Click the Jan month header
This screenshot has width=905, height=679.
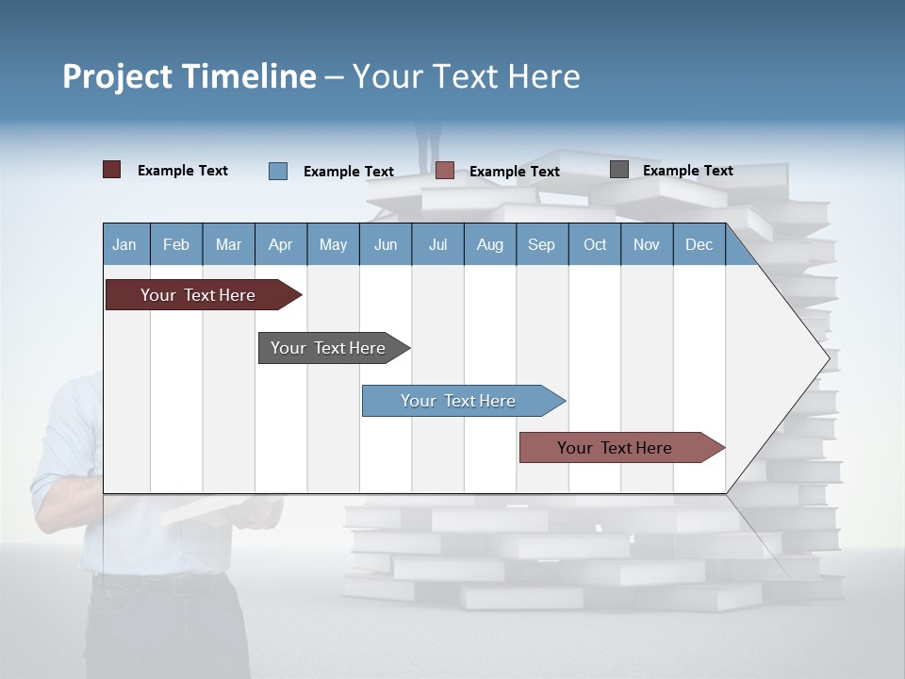point(124,244)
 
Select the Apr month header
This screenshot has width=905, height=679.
point(280,244)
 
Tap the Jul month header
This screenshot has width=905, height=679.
point(437,244)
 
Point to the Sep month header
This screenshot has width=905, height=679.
point(541,244)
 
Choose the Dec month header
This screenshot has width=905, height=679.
point(699,244)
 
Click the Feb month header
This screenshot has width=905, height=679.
point(176,244)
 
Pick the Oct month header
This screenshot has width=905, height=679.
point(595,244)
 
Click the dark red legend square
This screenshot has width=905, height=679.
point(111,170)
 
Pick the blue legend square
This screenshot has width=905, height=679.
point(278,171)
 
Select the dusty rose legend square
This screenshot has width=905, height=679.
point(445,171)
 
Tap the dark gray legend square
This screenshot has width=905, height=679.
point(619,170)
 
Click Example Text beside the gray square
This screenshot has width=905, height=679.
point(687,171)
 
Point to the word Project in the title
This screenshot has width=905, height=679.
point(116,76)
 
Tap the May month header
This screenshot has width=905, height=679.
point(333,244)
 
